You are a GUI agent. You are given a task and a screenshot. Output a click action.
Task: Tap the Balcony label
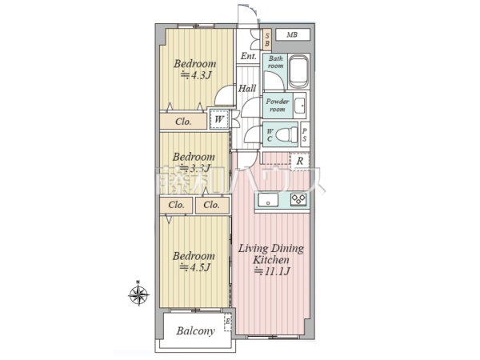(195, 330)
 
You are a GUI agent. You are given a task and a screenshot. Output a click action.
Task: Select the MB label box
(292, 35)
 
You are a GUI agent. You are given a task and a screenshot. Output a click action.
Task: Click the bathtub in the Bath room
(299, 73)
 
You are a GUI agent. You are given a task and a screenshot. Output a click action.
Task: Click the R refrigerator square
(299, 161)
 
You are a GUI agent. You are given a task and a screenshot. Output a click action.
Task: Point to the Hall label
(247, 88)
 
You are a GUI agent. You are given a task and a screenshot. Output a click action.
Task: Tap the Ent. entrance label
(248, 56)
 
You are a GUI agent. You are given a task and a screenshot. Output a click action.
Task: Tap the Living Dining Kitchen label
(270, 254)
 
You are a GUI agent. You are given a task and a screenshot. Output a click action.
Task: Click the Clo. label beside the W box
(183, 122)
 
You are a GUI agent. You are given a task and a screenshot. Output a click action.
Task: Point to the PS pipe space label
(305, 135)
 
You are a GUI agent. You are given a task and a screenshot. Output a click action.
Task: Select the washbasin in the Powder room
(299, 105)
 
